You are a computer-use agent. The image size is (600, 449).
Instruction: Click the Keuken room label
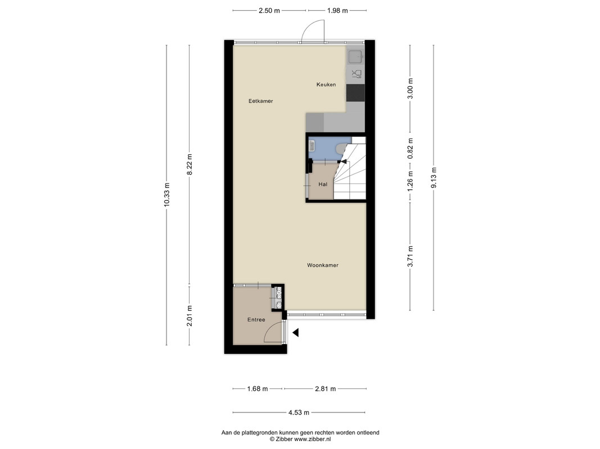point(326,84)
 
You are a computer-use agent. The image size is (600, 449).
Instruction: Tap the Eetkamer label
point(260,101)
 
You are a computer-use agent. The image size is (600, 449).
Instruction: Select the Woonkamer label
point(323,265)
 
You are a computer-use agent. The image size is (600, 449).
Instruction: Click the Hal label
point(323,184)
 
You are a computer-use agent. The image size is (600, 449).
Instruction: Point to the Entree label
point(256,319)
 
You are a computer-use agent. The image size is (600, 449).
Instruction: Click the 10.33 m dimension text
point(166,195)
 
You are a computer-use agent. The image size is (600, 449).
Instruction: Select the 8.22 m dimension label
point(189,164)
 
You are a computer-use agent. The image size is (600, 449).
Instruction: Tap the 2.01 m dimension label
point(189,316)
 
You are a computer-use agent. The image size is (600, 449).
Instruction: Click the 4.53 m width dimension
point(299,413)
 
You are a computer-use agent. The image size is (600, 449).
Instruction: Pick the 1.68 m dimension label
point(258,389)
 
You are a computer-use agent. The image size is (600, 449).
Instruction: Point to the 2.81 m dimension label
point(325,389)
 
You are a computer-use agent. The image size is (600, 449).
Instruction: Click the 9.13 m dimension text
point(434,178)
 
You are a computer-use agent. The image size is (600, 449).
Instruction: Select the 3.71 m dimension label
point(410,256)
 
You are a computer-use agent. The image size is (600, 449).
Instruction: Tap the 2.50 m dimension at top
point(269,11)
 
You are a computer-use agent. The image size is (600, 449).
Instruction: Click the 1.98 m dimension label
point(337,11)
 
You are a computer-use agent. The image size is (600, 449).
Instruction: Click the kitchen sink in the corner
point(355,57)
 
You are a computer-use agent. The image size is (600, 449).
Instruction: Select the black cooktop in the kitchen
point(355,93)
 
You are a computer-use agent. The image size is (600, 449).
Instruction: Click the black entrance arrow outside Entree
point(295,333)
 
